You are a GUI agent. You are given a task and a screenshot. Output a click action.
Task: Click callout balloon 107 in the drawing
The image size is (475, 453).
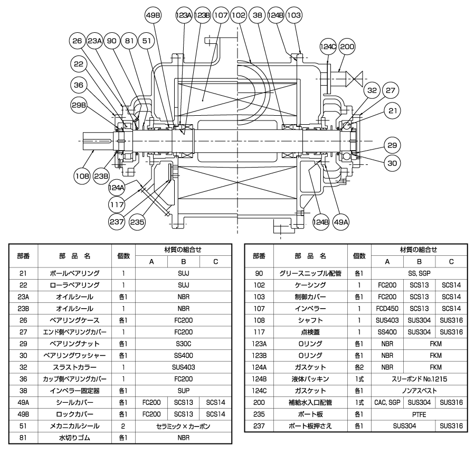(x=220, y=16)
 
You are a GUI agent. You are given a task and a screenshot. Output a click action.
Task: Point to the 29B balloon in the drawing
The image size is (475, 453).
(x=78, y=104)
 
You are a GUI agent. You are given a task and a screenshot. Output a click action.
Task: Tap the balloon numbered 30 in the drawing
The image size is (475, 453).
(x=392, y=163)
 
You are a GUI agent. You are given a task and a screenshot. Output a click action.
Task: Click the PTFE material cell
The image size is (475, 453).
(x=419, y=414)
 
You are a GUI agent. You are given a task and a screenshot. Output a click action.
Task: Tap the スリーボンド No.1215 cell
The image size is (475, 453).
(x=419, y=379)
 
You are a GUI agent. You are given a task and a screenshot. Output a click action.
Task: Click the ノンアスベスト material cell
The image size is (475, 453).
(x=419, y=391)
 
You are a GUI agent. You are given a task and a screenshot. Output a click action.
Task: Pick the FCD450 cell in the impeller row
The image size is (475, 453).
(x=387, y=308)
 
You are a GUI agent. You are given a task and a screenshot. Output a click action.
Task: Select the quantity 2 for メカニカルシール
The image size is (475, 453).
(x=123, y=426)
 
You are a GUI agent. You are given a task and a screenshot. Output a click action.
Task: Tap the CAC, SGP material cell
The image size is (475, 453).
(x=387, y=403)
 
